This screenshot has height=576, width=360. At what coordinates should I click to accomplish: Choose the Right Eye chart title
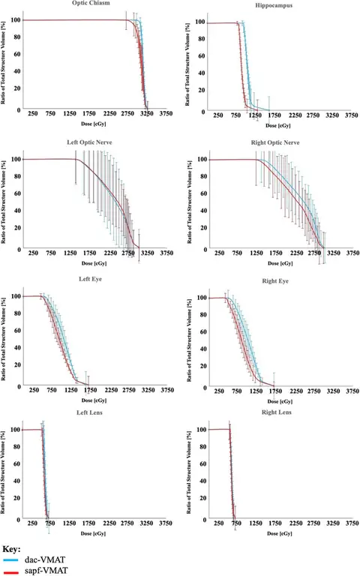[x=273, y=280]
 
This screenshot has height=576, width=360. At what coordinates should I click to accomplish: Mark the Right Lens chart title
[x=273, y=413]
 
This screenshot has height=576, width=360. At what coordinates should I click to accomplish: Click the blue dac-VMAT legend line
[x=10, y=559]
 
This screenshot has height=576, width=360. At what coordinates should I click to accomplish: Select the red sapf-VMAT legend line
[x=10, y=571]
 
